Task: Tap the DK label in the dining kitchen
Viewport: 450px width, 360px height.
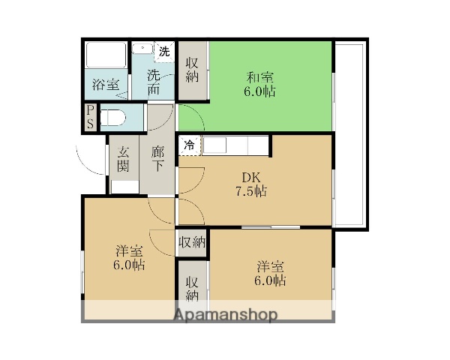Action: pos(250,177)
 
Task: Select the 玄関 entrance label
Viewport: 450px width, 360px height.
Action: pos(123,158)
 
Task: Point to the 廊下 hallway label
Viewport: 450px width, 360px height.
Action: pos(157,158)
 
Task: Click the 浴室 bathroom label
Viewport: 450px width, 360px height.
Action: pos(105,85)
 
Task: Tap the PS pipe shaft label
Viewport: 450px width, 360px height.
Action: pos(89,118)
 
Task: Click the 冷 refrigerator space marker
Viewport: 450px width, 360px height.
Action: pos(190,145)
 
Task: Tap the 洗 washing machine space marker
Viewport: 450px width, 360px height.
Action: pos(163,52)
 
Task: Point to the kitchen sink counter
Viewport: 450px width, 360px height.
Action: pos(234,144)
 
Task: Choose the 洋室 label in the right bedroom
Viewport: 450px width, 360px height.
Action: pos(270,268)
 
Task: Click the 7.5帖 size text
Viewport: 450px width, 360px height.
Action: pos(250,191)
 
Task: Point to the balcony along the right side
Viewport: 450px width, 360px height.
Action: pos(349,135)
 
